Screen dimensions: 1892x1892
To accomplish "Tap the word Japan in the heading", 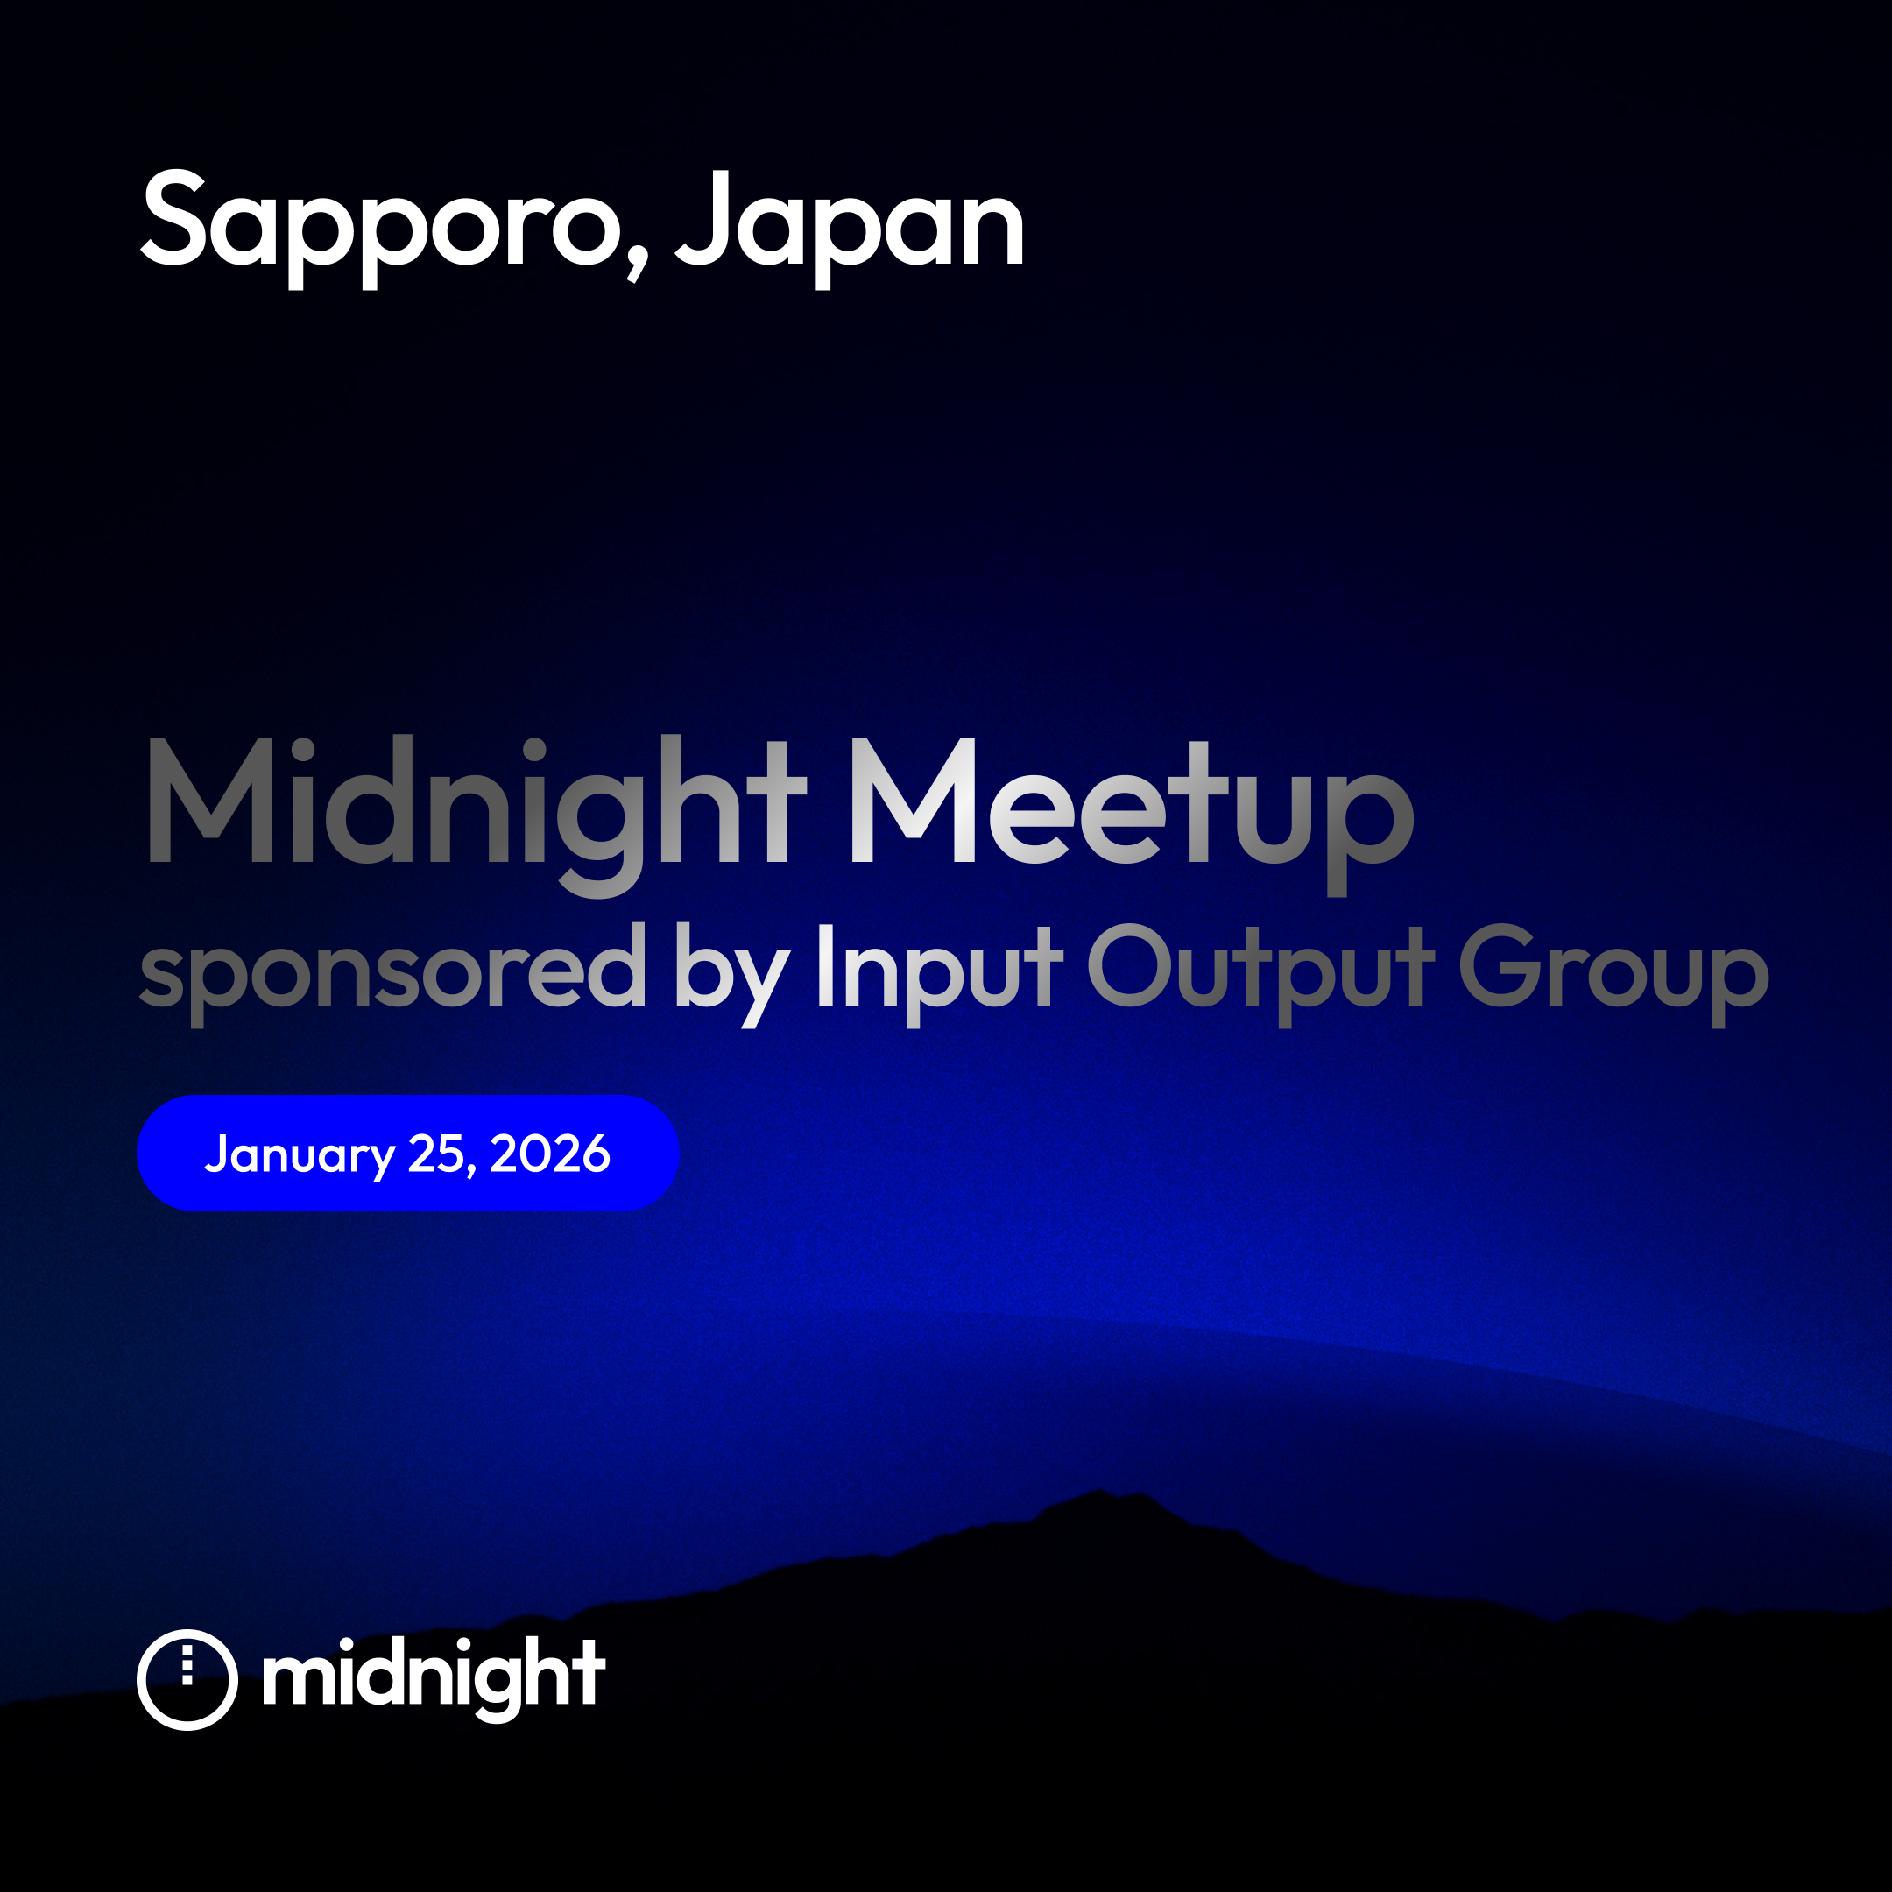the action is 850,228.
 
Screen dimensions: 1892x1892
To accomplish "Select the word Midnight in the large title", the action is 477,815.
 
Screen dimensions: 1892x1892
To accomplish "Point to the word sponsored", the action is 392,974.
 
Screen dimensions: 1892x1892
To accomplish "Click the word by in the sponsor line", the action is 731,974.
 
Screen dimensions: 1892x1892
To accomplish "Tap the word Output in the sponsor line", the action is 1261,974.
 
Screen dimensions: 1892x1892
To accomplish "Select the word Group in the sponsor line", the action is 1613,974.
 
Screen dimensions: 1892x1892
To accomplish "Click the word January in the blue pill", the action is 299,1154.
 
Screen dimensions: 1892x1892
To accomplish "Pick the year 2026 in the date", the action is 550,1154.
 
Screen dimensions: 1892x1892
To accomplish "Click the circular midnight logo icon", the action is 187,1678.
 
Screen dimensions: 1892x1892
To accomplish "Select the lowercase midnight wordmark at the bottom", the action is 434,1678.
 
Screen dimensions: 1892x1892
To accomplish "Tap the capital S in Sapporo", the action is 173,217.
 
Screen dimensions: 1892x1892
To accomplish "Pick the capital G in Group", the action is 1500,965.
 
